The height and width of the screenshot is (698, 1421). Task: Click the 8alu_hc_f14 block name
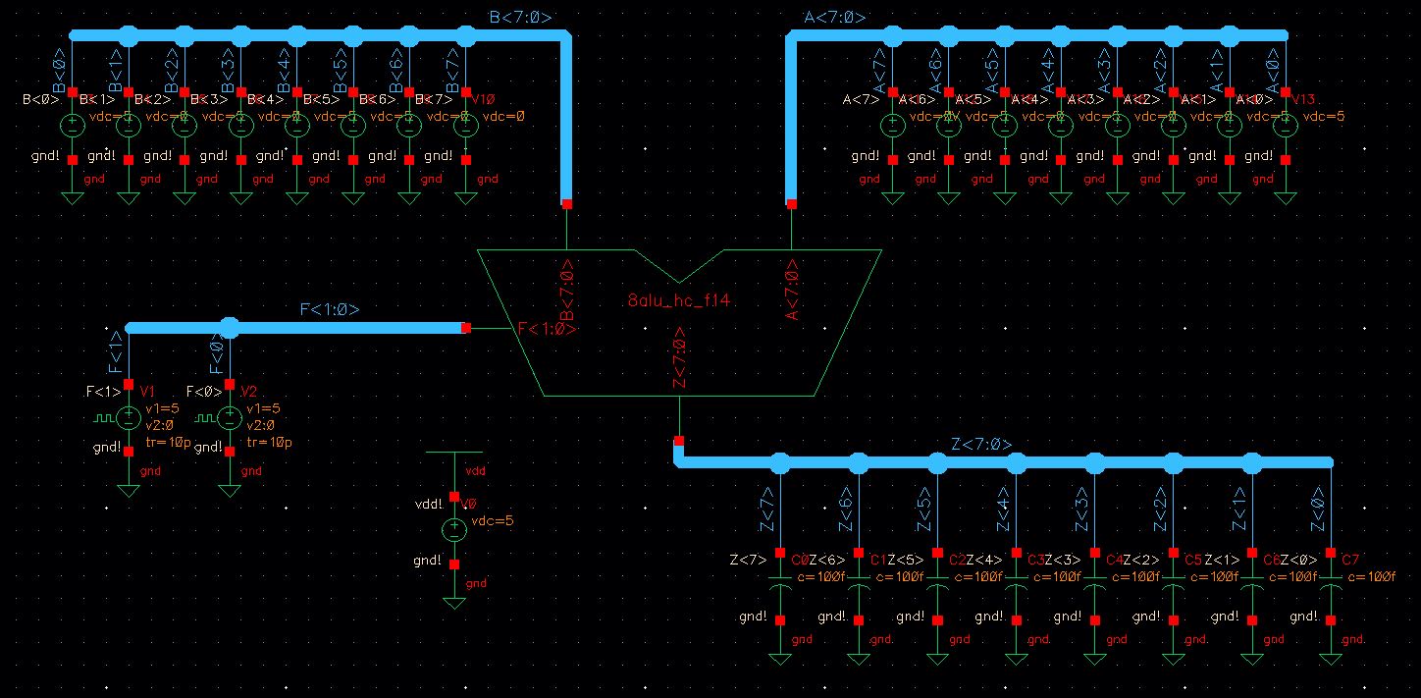click(x=678, y=301)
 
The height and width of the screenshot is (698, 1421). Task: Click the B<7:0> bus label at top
click(x=520, y=17)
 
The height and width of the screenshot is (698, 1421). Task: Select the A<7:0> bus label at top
click(x=834, y=17)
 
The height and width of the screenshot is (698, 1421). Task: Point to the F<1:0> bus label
click(x=330, y=309)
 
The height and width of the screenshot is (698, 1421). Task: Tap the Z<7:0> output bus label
click(x=981, y=445)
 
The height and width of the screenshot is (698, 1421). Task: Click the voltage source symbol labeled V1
click(x=129, y=418)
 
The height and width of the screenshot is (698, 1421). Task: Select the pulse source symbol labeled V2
click(x=229, y=418)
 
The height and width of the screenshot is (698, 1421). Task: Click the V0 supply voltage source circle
click(x=453, y=530)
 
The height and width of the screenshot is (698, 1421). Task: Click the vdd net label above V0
click(x=475, y=471)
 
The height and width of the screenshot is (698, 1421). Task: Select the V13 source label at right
click(x=1303, y=99)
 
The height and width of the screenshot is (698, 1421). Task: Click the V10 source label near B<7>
click(x=484, y=99)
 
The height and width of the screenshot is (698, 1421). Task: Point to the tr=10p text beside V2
click(x=269, y=443)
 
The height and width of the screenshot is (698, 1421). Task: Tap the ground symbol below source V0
click(x=453, y=600)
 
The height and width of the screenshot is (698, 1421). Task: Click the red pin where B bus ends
click(x=567, y=204)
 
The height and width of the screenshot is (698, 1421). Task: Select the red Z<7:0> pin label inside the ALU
click(x=678, y=358)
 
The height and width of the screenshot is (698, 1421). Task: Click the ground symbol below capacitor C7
click(x=1330, y=658)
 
